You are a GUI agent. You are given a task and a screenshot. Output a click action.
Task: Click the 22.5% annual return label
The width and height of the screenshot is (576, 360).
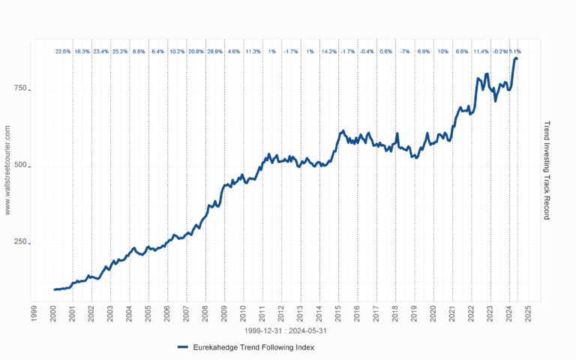coord(63,52)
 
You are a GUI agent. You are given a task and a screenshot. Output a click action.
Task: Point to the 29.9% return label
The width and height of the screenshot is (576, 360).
coord(214,52)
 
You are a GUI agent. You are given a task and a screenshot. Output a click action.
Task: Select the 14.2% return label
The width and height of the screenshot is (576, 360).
coord(328,52)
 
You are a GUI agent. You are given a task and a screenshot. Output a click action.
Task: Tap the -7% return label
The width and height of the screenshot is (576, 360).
coord(405,52)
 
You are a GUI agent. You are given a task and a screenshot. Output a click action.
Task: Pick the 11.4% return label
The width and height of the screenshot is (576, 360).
coord(481,52)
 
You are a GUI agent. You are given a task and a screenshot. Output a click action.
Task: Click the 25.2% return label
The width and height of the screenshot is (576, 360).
coord(120,52)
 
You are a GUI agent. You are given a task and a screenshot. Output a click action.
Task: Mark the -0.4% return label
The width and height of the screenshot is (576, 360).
coord(367,52)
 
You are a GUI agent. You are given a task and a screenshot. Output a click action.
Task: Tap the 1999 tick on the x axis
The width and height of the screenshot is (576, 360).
coord(34,313)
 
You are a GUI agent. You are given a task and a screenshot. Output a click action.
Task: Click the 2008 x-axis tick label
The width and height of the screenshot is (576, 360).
coord(205,313)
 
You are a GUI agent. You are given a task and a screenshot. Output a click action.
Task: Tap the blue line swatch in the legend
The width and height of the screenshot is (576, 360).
coord(184,347)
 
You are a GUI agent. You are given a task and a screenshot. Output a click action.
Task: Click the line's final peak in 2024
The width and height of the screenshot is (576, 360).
coord(515,58)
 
